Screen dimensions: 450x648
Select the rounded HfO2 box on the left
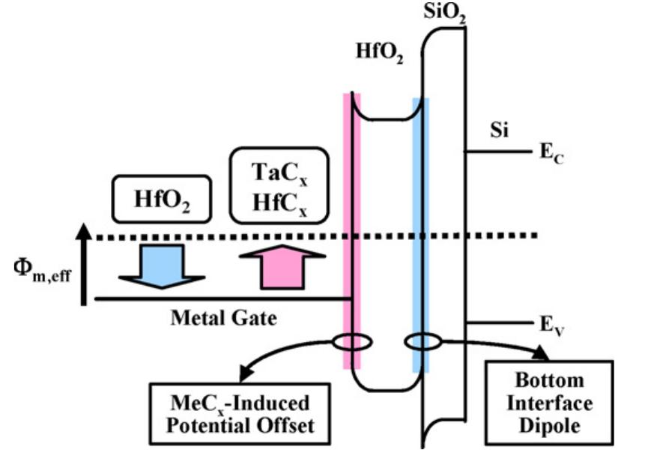[162, 199]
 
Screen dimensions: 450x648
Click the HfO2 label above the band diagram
[380, 53]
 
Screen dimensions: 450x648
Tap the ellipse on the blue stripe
[422, 343]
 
